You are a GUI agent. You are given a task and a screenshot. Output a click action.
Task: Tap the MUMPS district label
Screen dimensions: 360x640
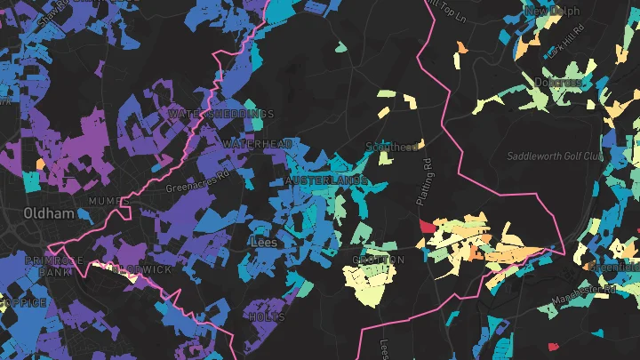click(108, 202)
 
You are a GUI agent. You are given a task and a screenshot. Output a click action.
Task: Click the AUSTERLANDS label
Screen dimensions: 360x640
click(326, 181)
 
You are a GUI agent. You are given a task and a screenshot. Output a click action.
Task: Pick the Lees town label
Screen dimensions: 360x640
click(264, 241)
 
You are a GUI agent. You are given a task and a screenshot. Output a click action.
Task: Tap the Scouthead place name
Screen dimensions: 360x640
click(393, 148)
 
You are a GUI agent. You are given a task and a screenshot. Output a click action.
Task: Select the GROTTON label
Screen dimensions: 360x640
click(379, 260)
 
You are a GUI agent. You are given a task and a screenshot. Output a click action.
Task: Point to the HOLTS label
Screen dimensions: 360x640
click(267, 316)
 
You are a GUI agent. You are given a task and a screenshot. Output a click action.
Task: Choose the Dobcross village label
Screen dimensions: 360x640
click(558, 83)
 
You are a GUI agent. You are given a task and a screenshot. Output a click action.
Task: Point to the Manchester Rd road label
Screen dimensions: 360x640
click(581, 292)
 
